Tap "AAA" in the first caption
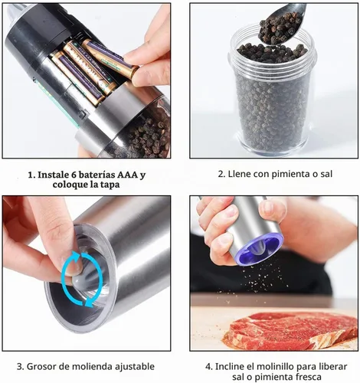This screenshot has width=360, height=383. pyautogui.click(x=127, y=175)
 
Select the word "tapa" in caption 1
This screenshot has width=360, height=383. pyautogui.click(x=110, y=185)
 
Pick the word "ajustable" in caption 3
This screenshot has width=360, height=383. pyautogui.click(x=135, y=367)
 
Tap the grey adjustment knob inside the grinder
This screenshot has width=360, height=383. pyautogui.click(x=77, y=276)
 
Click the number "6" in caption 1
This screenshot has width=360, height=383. pyautogui.click(x=73, y=175)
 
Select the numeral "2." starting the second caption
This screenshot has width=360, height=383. pyautogui.click(x=221, y=174)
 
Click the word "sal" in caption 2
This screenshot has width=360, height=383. pyautogui.click(x=326, y=174)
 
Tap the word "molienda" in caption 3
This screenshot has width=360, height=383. pyautogui.click(x=93, y=366)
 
